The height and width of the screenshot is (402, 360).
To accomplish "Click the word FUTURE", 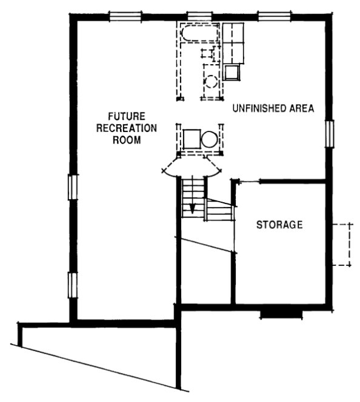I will coord(124,116).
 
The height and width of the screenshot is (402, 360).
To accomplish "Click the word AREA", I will coord(301,109).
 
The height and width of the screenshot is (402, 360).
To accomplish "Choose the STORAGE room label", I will coord(279,225).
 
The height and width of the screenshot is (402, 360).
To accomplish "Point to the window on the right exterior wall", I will coord(330,133).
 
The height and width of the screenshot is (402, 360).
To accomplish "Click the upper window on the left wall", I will coord(72,186).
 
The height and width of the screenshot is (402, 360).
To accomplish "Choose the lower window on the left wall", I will coord(72,284).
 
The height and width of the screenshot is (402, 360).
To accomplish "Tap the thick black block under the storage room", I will coord(281,314).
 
